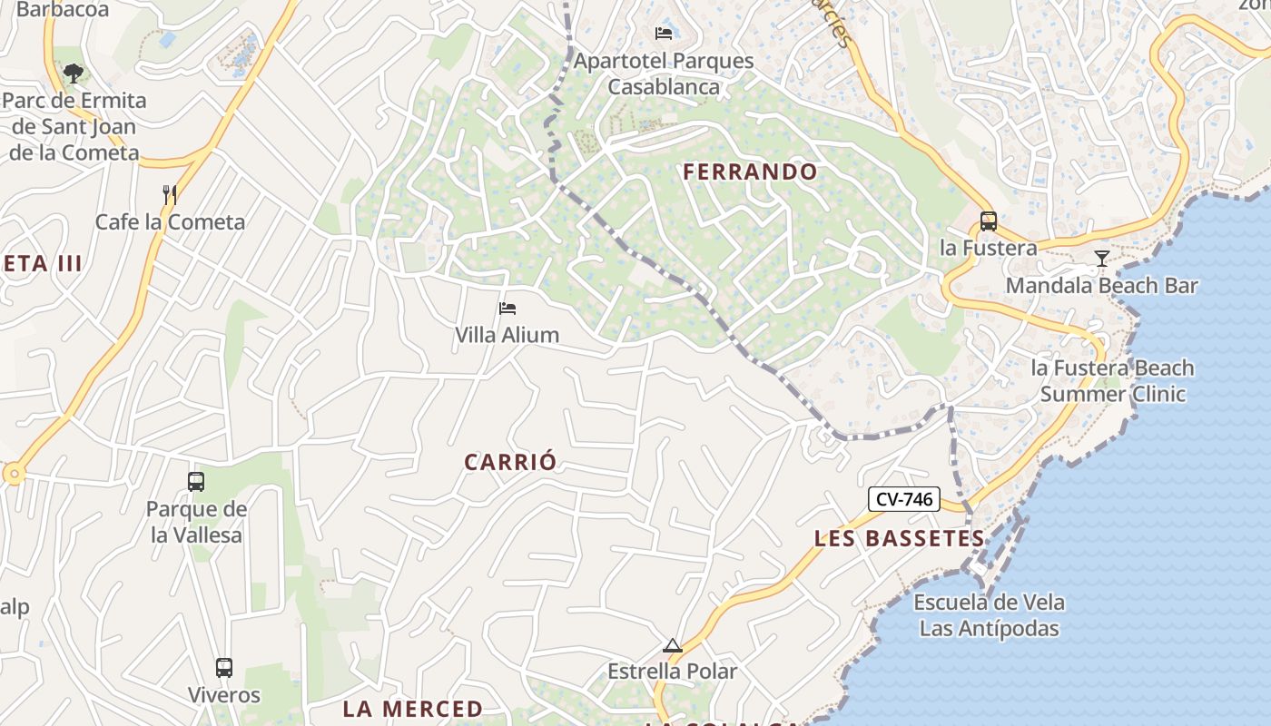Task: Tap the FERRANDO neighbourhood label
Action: coord(750,172)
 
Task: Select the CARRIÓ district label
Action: coord(510,462)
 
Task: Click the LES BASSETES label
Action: coord(899,538)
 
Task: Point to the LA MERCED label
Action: coord(412,709)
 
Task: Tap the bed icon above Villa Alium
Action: coord(507,309)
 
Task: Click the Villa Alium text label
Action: coord(507,335)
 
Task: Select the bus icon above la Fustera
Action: coord(988,221)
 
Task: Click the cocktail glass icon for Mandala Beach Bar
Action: coord(1101,259)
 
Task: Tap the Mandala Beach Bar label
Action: coord(1101,286)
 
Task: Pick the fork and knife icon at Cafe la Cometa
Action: coord(169,194)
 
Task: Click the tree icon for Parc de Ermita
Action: coord(74,73)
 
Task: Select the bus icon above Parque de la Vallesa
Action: coord(196,482)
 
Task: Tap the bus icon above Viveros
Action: coord(223,668)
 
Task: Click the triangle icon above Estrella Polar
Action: coord(672,645)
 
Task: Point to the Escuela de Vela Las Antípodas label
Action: coord(989,615)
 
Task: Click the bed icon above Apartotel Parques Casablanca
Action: coord(664,34)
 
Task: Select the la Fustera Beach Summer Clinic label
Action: coord(1112,381)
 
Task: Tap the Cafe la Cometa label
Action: coord(171,222)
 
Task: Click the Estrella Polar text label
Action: coord(672,672)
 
